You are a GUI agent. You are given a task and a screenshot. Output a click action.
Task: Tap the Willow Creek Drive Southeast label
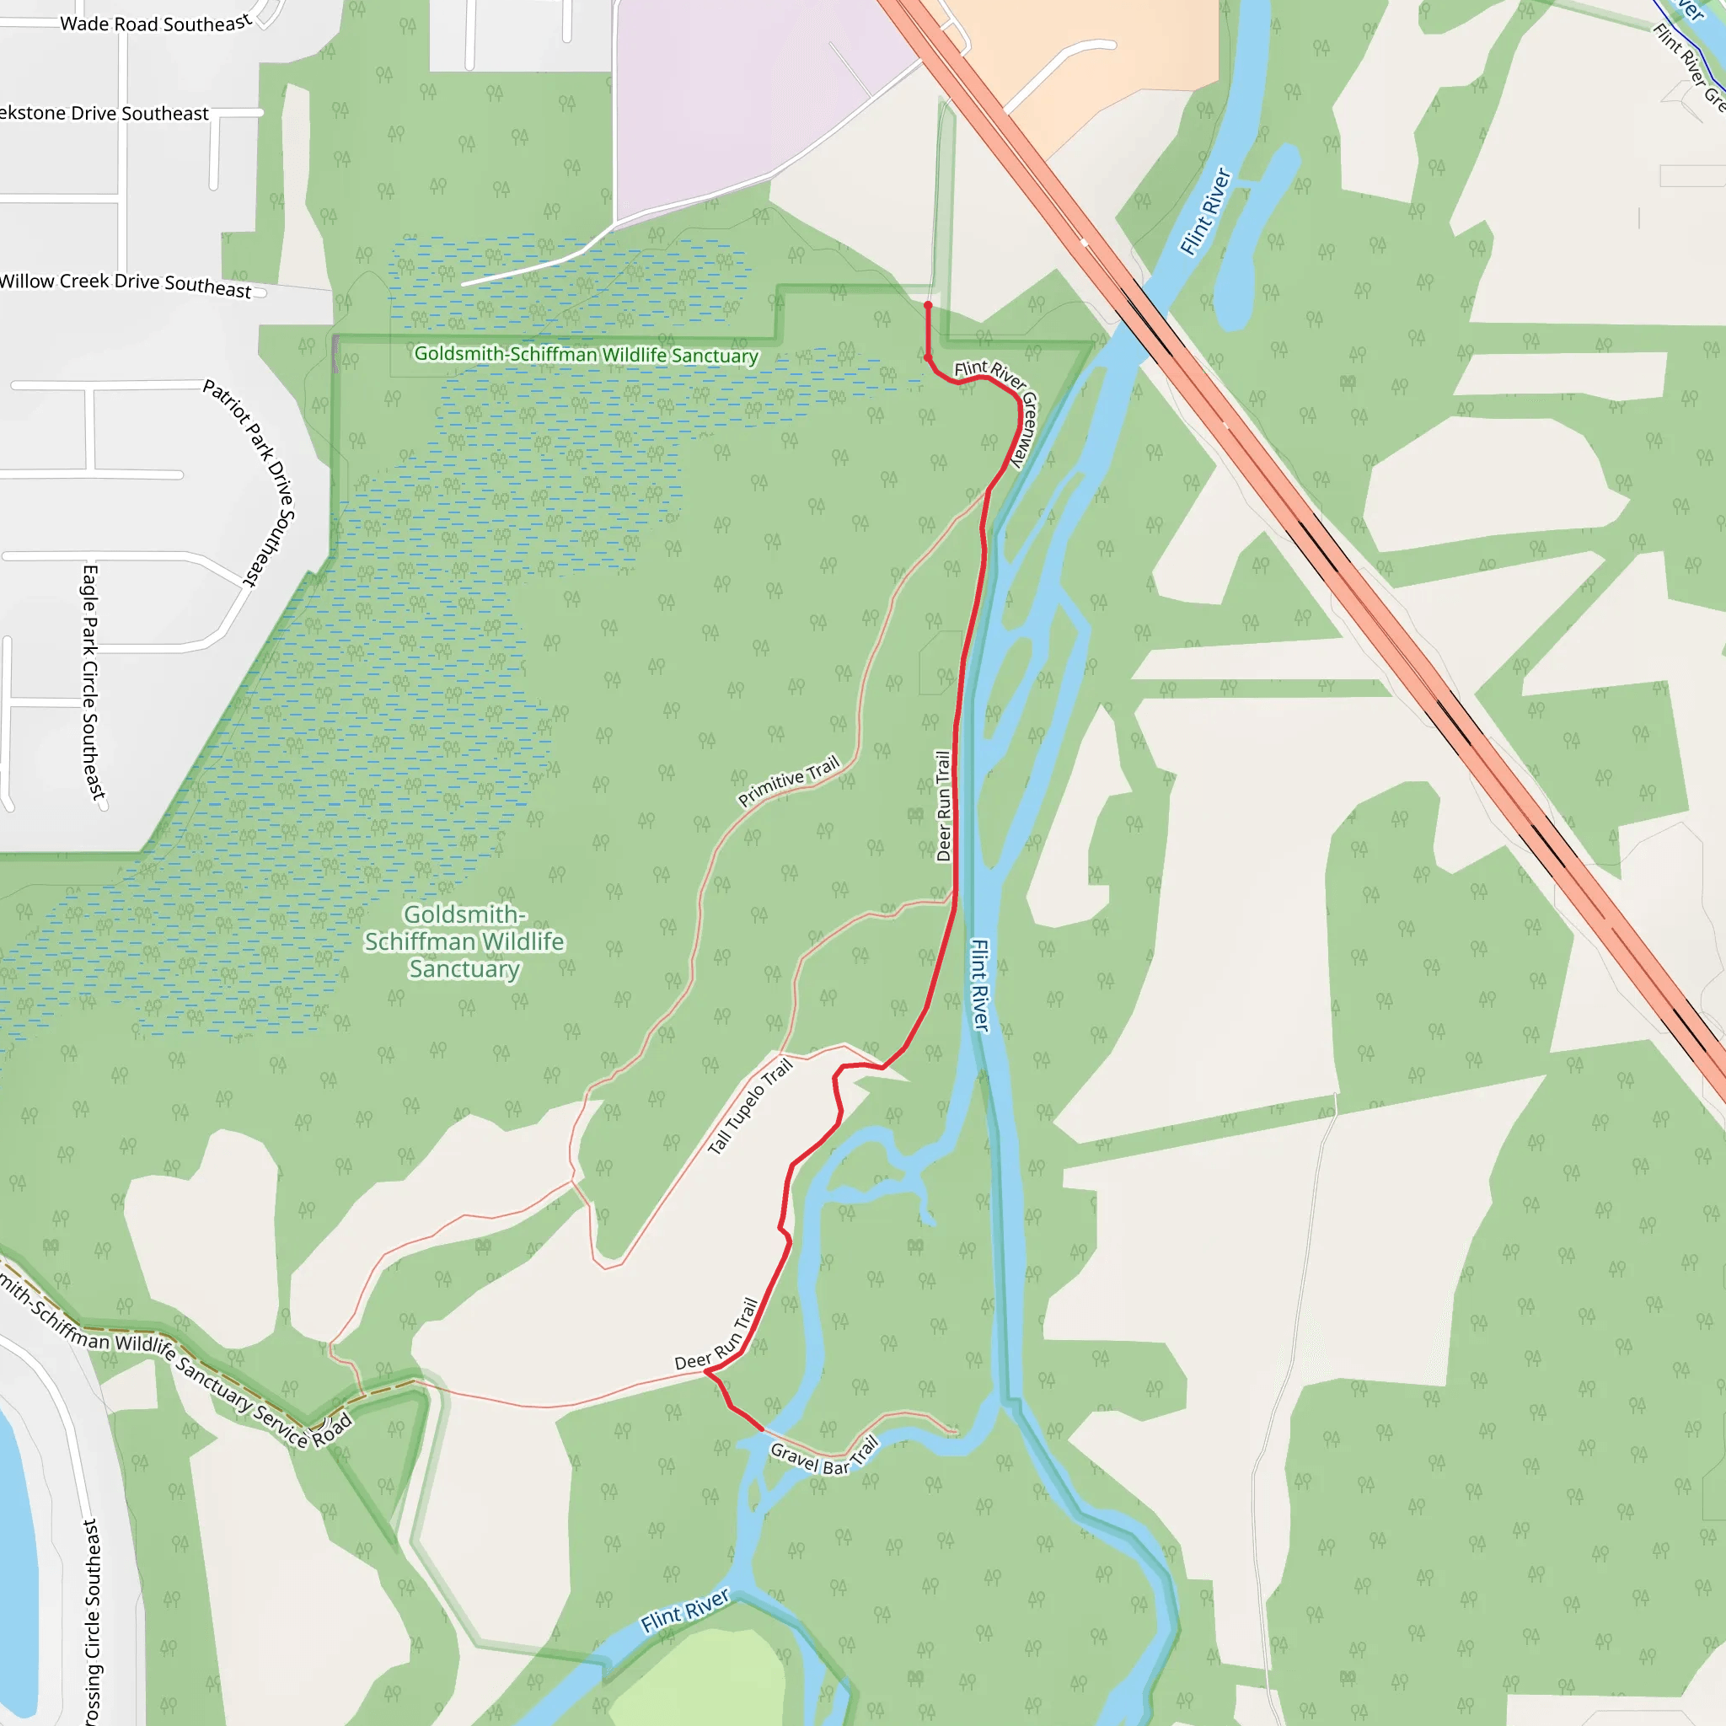[125, 284]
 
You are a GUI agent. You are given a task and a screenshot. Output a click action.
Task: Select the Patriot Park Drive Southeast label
[250, 482]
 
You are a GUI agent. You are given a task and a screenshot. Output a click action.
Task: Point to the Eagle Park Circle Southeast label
[92, 683]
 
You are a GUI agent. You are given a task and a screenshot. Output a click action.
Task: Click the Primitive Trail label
[789, 780]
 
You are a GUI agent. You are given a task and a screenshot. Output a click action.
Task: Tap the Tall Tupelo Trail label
[749, 1106]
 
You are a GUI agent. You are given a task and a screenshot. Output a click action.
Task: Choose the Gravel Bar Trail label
[823, 1458]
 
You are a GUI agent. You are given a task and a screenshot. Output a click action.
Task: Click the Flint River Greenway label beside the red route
[1000, 406]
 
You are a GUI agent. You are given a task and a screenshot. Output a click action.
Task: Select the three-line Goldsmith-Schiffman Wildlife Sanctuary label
[464, 941]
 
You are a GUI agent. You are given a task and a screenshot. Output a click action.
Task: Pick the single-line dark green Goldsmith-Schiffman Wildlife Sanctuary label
[586, 355]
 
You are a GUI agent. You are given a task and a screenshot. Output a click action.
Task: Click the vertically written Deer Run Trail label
[942, 806]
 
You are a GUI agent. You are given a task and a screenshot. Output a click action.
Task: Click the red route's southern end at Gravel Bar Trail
[761, 1429]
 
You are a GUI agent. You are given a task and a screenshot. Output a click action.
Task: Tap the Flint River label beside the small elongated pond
[1205, 212]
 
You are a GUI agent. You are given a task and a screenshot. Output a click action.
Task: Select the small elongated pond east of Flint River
[1255, 237]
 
